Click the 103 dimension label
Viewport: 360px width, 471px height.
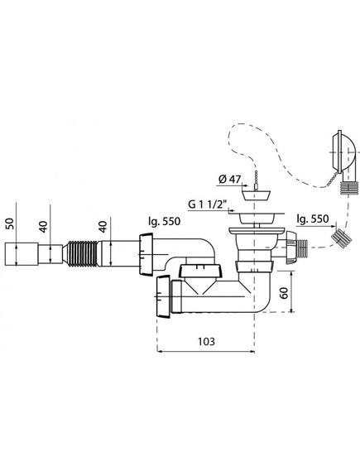206,341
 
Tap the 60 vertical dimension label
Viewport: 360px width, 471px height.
285,293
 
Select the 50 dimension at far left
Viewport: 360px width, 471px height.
10,223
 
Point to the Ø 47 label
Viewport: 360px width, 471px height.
230,180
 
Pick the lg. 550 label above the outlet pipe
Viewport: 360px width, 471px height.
164,221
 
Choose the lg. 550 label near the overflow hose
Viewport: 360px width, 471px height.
312,219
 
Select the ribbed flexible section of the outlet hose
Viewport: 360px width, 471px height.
81,253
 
